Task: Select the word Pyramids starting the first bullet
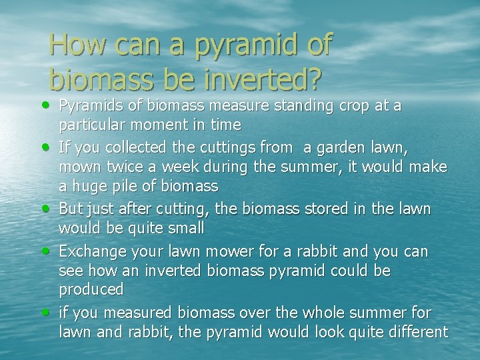point(87,107)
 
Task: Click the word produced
point(91,290)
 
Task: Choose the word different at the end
point(415,331)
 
